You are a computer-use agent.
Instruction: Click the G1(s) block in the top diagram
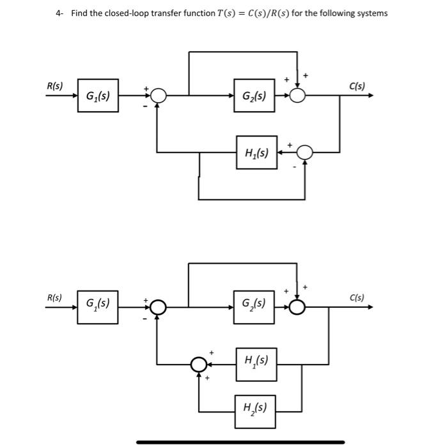click(x=98, y=96)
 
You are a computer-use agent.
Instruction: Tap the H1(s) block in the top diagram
click(x=256, y=153)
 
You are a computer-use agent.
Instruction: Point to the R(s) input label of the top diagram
click(x=55, y=86)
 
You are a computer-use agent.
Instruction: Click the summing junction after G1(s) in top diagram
click(x=157, y=96)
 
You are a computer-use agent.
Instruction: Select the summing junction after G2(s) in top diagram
click(x=297, y=96)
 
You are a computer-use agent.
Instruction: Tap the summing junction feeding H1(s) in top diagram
click(x=304, y=153)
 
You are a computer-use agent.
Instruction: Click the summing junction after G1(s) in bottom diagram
click(x=157, y=307)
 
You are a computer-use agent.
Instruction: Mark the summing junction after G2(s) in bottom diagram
click(x=297, y=307)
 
